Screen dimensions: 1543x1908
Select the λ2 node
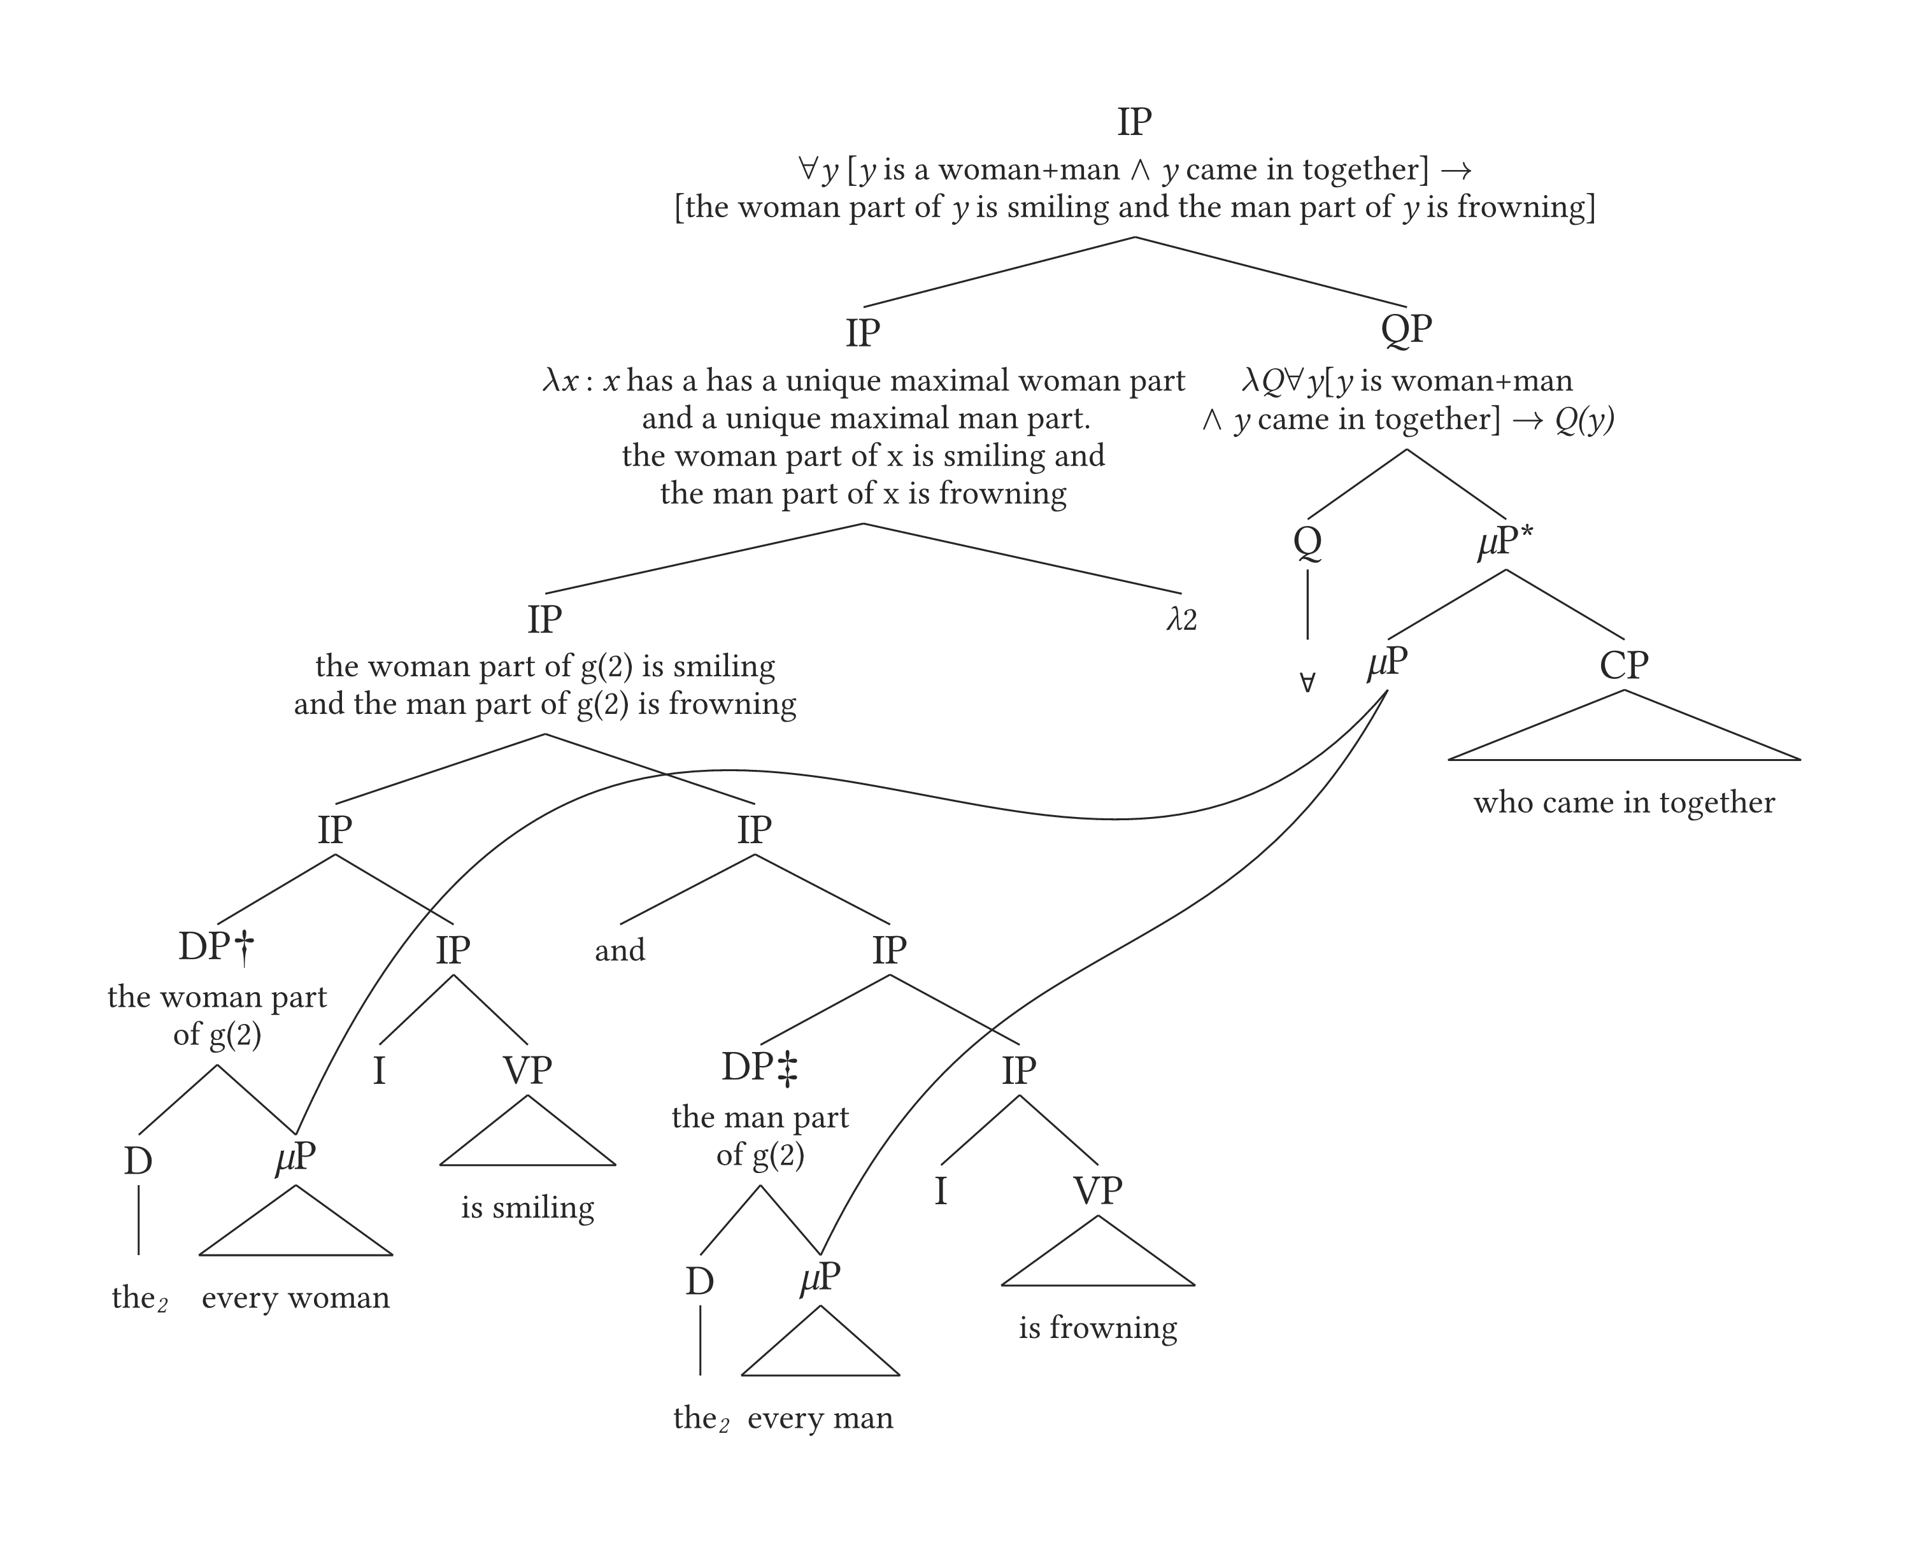coord(1181,620)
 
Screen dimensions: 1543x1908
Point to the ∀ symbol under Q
coord(1307,683)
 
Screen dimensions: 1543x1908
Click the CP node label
coord(1623,665)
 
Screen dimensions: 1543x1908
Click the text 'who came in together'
coord(1623,802)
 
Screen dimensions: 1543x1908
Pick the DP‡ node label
coord(760,1067)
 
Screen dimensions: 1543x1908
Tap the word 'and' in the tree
coord(620,950)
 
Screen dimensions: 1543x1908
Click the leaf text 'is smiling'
coord(527,1208)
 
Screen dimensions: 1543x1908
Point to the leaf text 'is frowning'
coord(1097,1328)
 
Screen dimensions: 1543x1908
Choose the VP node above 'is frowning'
coord(1097,1191)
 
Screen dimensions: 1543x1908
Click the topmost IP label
coord(1134,122)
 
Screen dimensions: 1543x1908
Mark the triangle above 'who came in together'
coord(1623,733)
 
